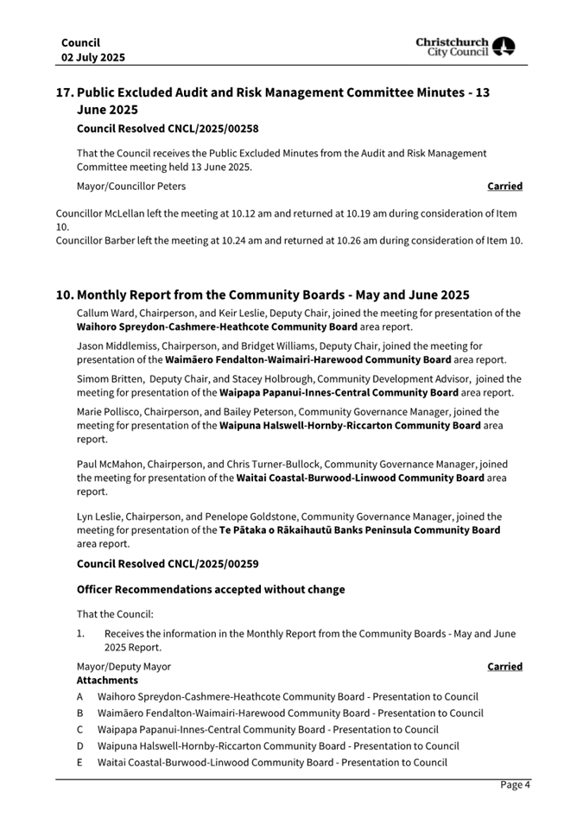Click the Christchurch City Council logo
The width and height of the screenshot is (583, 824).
(466, 47)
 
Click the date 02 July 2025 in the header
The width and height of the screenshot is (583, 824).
(92, 57)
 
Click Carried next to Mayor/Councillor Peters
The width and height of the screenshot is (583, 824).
(504, 186)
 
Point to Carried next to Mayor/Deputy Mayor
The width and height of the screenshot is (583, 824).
(504, 666)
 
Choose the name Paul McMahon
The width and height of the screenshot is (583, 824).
(110, 463)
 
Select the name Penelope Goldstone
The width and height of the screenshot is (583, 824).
(260, 516)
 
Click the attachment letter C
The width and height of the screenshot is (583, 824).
(80, 729)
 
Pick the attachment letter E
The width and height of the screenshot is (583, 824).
(80, 762)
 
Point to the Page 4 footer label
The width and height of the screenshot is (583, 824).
(515, 784)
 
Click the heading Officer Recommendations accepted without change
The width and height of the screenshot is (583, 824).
(211, 589)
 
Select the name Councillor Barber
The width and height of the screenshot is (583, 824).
(97, 240)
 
